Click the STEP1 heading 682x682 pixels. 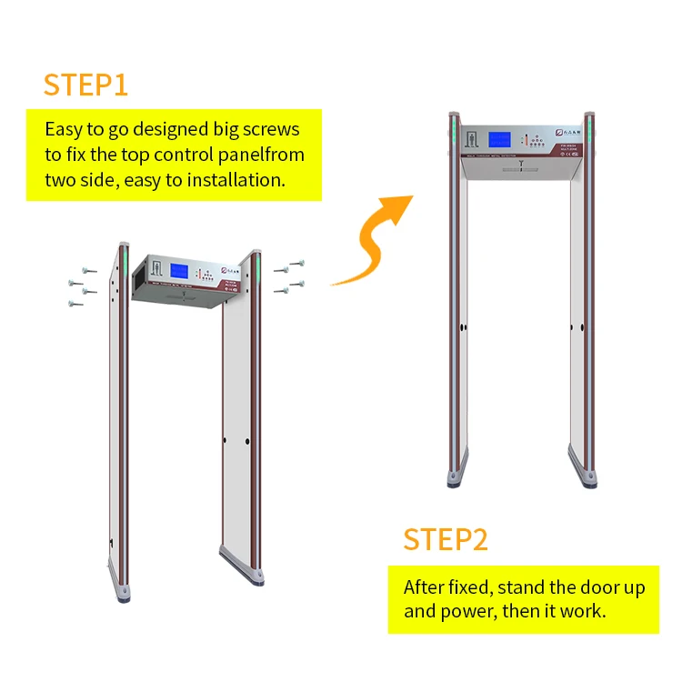[x=85, y=85]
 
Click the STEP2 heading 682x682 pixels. [x=446, y=539]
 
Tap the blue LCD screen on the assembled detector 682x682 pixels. [x=500, y=141]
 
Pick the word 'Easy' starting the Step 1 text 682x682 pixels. [x=67, y=127]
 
